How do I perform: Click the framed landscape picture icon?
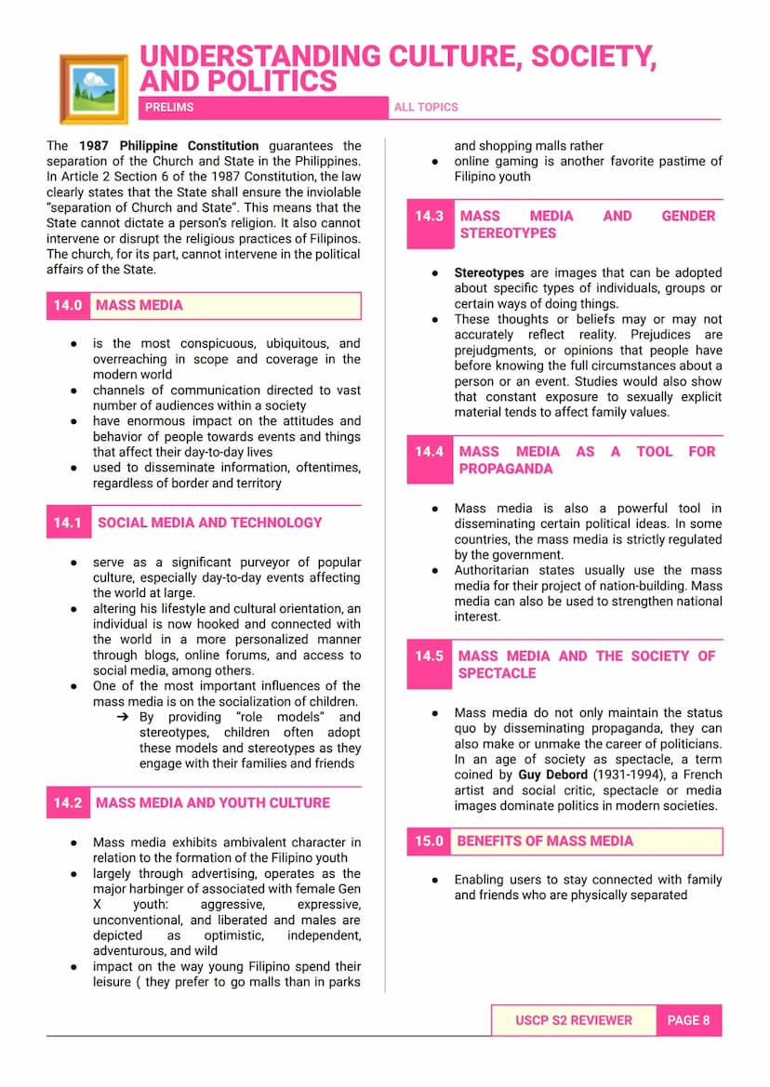(x=93, y=88)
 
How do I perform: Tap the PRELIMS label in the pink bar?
(x=169, y=107)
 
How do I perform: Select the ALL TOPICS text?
(x=426, y=107)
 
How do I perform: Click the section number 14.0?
(x=68, y=305)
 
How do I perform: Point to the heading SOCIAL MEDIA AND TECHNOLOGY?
(x=210, y=523)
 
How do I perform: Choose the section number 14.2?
(x=68, y=802)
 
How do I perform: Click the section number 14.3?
(x=430, y=216)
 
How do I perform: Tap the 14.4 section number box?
(x=430, y=452)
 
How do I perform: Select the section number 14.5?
(x=430, y=656)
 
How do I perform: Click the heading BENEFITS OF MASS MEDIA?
(x=545, y=841)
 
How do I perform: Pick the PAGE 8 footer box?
(x=688, y=1020)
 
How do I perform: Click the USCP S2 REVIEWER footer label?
(x=574, y=1020)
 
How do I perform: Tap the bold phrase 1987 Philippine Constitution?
(x=168, y=146)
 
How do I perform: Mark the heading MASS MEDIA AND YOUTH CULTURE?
(x=213, y=802)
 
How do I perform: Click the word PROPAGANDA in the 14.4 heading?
(x=505, y=469)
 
